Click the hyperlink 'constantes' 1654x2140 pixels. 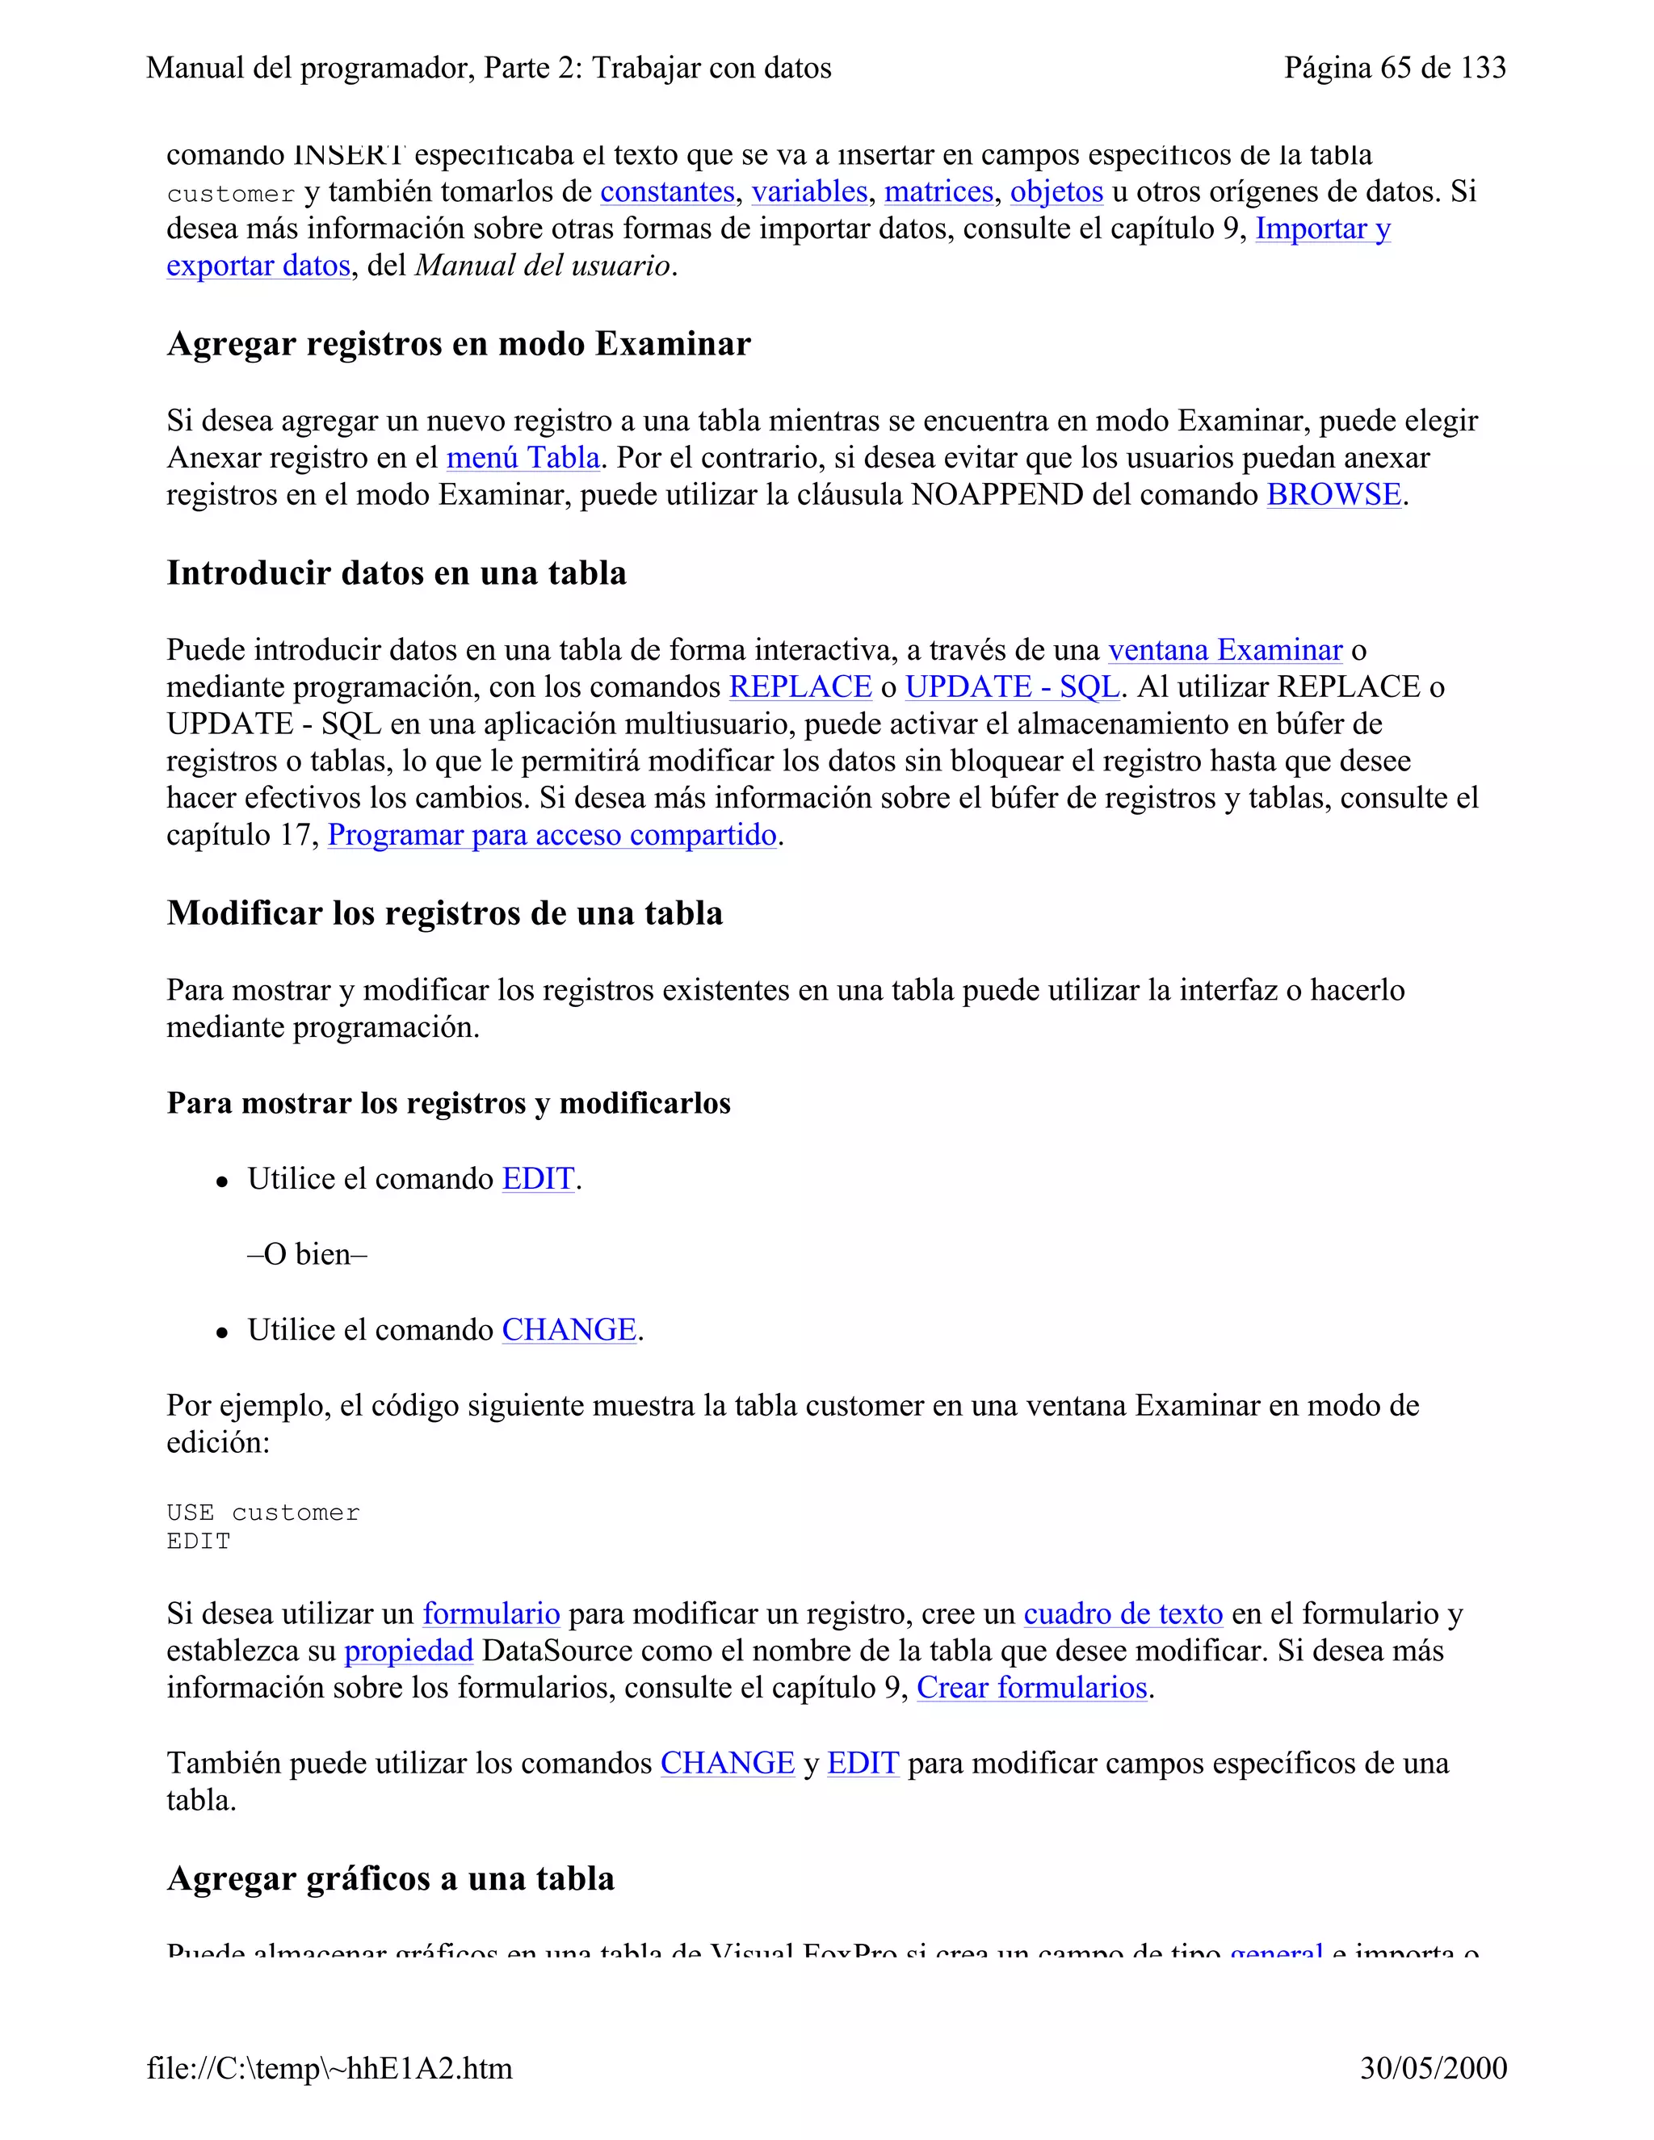(666, 191)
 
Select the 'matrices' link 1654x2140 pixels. (938, 191)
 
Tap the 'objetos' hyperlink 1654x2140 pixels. (1056, 191)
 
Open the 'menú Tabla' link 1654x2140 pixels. (523, 458)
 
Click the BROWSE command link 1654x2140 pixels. (1333, 495)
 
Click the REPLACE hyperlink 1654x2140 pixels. (800, 687)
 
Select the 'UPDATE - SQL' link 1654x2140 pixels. (1011, 687)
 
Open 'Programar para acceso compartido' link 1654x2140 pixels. (552, 835)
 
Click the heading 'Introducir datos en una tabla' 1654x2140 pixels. (396, 573)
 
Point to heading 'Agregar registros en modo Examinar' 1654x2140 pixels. (459, 344)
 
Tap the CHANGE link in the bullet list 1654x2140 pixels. (569, 1330)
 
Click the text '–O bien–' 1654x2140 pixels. (307, 1254)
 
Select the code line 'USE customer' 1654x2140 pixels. (262, 1513)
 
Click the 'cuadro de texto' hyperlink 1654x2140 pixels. (1123, 1613)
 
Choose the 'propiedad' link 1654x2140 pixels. (409, 1651)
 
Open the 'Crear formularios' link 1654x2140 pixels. (1032, 1687)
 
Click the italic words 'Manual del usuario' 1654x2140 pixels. (543, 266)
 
